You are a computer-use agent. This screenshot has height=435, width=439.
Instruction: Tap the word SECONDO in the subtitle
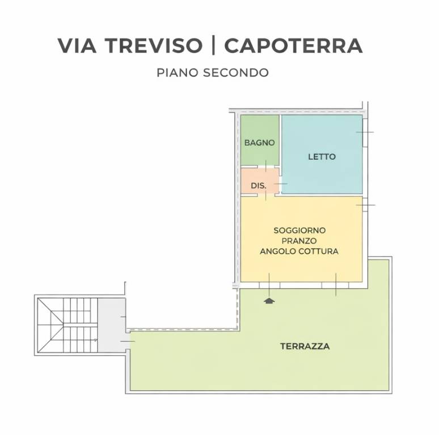click(237, 73)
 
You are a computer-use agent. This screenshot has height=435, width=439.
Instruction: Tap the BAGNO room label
click(259, 143)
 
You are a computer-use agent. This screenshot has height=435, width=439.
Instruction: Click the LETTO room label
click(322, 157)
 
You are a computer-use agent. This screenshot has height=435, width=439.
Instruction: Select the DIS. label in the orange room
click(259, 185)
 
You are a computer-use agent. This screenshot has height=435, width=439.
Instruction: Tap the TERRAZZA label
click(305, 346)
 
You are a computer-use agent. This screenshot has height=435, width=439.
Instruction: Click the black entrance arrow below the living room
click(269, 301)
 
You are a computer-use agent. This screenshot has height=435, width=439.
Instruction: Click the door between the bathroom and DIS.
click(265, 167)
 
